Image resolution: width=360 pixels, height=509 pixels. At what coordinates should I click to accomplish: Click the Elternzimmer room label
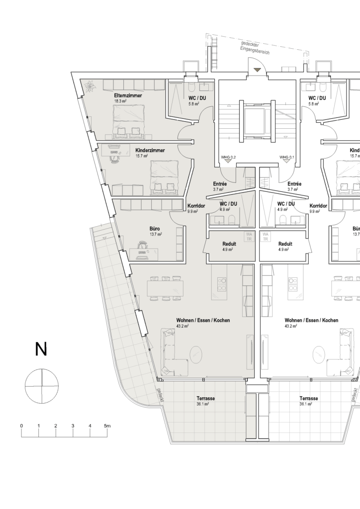pos(128,95)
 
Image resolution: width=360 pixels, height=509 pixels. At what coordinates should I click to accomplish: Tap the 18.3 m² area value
pos(120,100)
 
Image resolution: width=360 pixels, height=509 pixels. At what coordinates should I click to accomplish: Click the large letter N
pos(41,349)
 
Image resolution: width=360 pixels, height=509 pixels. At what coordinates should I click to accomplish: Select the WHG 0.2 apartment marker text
pos(228,157)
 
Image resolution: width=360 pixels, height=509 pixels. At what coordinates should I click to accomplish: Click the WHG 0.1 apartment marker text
pos(287,157)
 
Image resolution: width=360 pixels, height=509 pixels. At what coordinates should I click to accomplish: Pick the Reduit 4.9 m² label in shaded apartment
pos(229,247)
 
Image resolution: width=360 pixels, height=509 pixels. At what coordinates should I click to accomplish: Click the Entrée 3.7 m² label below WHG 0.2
pos(220,186)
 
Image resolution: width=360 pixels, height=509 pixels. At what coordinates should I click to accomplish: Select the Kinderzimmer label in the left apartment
pos(150,150)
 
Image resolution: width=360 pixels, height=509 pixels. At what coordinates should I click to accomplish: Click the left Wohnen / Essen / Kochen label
pos(203,321)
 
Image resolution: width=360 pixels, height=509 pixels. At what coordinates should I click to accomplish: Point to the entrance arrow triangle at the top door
pos(257,70)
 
